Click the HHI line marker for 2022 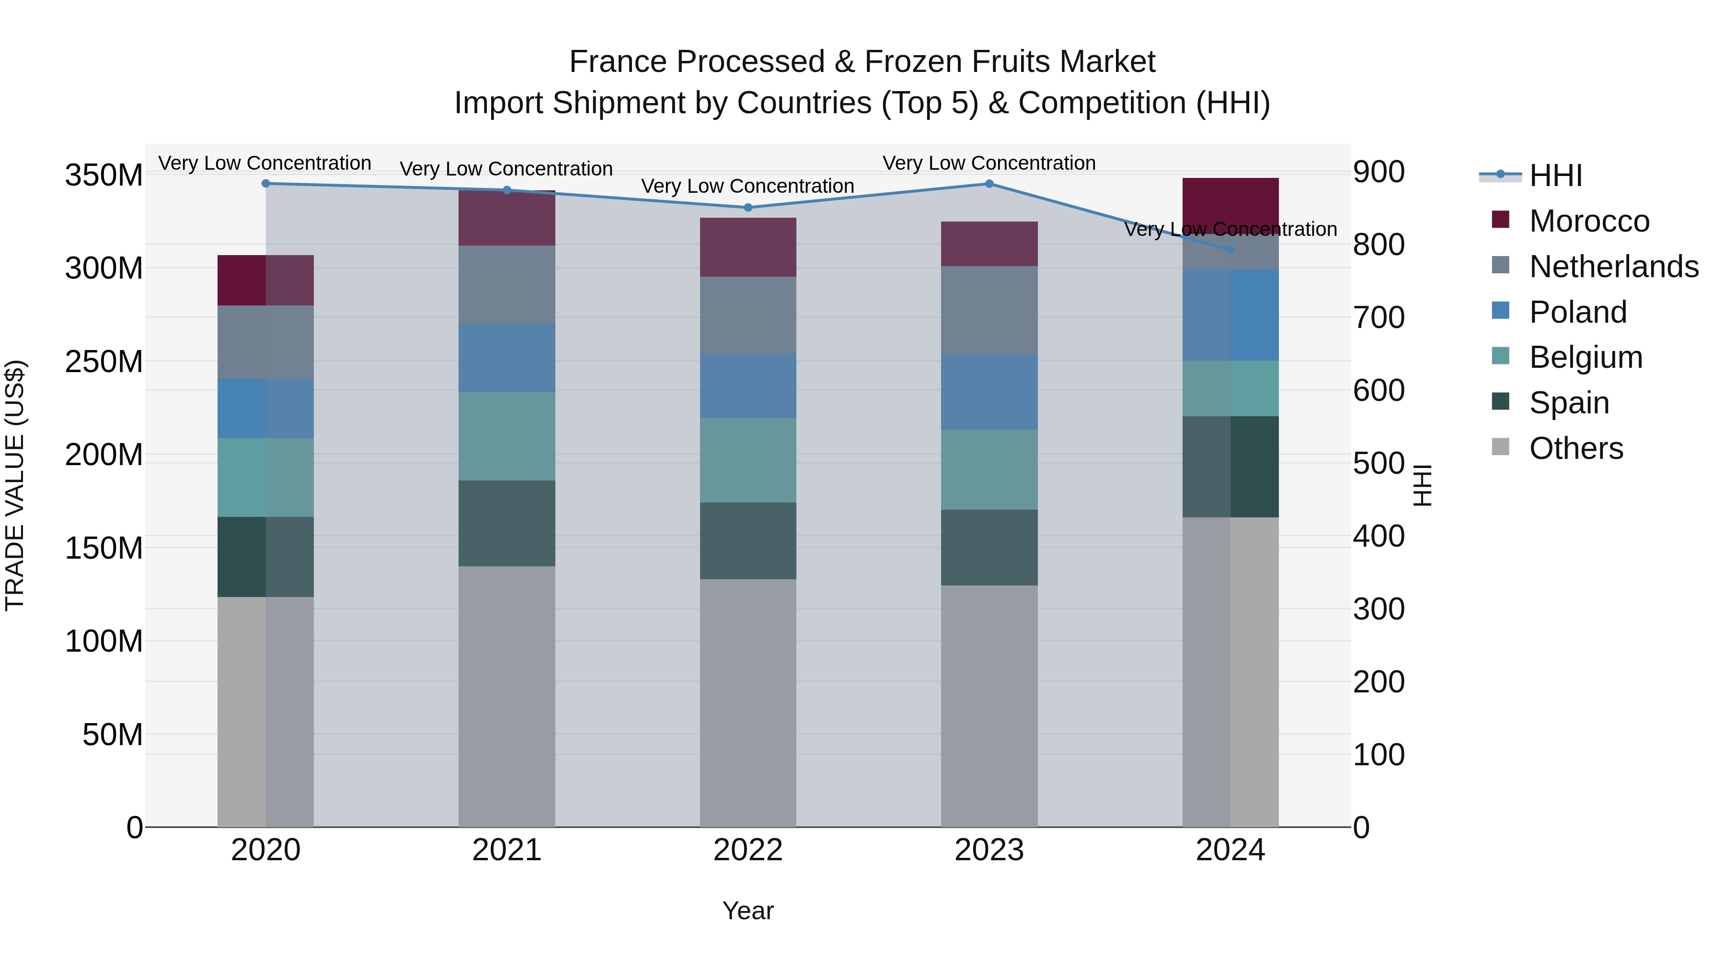coord(748,208)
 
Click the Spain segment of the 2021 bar coord(507,523)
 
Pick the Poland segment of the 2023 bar coord(989,393)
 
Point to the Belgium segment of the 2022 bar coord(748,460)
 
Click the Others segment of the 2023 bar coord(989,706)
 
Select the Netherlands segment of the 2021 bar coord(507,285)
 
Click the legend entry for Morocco coord(1589,221)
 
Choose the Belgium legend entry coord(1586,357)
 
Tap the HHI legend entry coord(1555,175)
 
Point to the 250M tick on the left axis coord(104,362)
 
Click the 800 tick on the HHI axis coord(1378,245)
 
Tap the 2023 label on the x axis coord(989,850)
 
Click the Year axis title coord(748,911)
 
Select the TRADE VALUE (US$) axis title coord(15,485)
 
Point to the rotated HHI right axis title coord(1422,485)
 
